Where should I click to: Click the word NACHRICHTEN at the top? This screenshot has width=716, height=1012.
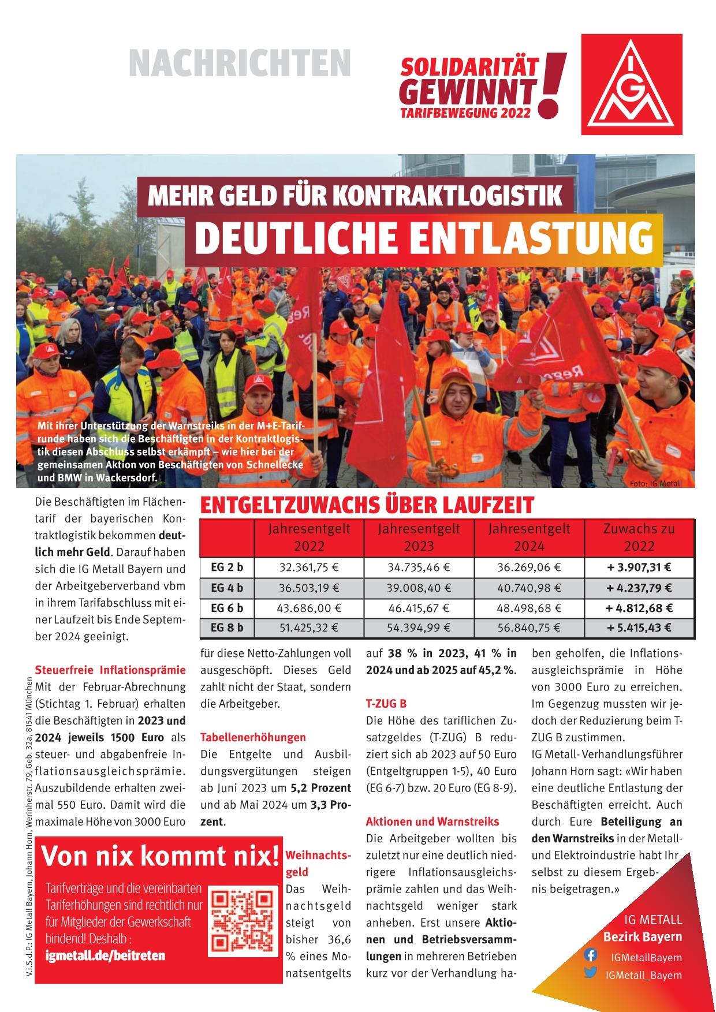[x=240, y=63]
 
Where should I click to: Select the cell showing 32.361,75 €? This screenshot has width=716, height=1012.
[x=309, y=567]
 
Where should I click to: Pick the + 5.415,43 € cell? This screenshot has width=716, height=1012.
[x=639, y=628]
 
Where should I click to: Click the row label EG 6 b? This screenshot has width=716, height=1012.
[x=227, y=608]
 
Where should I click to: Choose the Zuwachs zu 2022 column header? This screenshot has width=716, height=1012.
[x=639, y=537]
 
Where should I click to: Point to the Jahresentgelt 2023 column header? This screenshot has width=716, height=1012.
[x=419, y=537]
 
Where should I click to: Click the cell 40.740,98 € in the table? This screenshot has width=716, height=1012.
[x=529, y=588]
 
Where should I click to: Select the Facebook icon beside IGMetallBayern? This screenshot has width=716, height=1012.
[x=591, y=955]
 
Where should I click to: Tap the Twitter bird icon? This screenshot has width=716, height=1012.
[x=591, y=973]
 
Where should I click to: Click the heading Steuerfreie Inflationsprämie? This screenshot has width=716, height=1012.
[x=110, y=670]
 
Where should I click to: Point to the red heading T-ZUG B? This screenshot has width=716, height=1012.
[x=386, y=704]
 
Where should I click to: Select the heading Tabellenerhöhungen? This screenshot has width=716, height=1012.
[x=253, y=737]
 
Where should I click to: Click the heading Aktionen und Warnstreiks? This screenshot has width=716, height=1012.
[x=432, y=821]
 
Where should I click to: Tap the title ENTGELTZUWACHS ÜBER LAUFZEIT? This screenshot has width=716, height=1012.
[x=367, y=506]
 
